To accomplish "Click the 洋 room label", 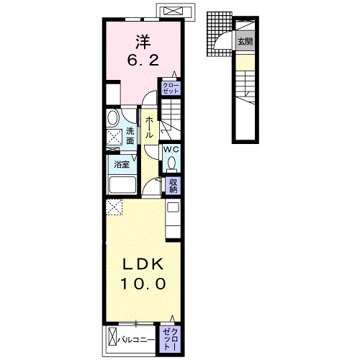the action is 143,42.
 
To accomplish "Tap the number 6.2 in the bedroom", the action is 143,60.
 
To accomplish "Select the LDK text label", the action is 143,264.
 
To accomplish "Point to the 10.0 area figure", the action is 143,284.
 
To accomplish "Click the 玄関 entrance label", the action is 246,41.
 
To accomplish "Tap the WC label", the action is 171,149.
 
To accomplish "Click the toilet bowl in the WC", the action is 171,163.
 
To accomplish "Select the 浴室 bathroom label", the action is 122,164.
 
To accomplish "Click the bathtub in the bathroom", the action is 122,185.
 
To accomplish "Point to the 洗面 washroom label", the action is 130,136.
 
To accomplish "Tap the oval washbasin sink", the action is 113,118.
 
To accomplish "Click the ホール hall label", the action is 149,127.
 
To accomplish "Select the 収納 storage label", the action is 173,186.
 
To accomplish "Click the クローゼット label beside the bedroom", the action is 171,89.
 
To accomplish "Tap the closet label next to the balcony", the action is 171,339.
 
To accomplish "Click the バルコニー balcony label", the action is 136,340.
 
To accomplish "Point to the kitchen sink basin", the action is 173,207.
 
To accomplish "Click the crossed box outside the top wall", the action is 174,11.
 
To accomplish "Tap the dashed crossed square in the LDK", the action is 114,207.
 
